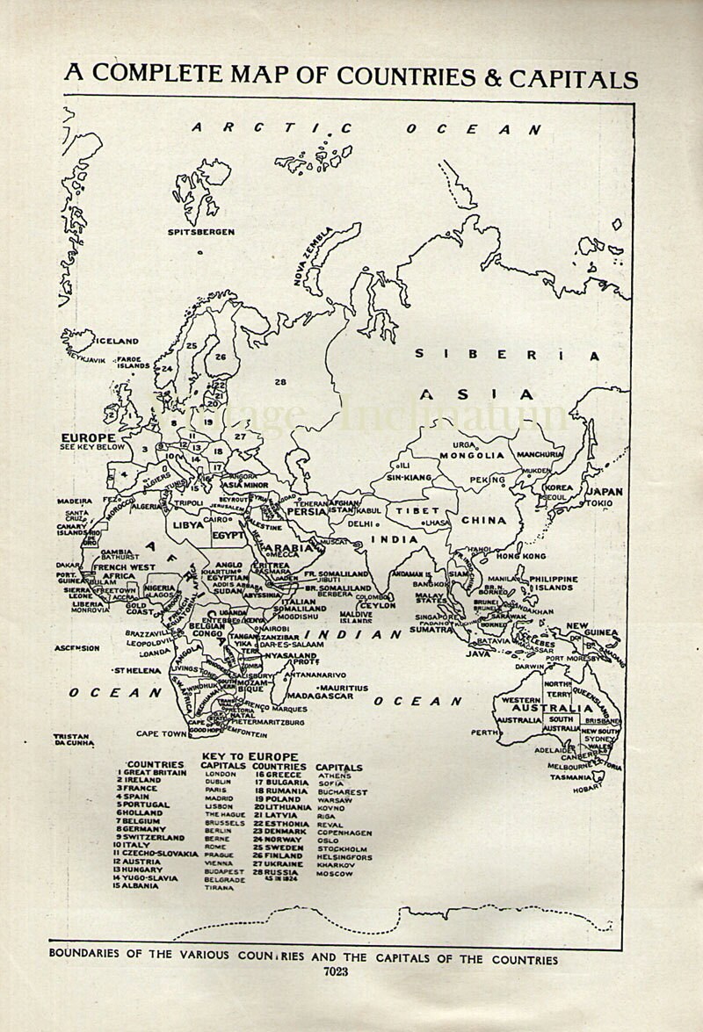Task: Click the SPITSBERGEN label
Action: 201,232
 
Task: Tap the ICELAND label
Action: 117,341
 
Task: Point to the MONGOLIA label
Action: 472,455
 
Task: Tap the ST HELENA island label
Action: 137,670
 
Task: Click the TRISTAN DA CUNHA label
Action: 74,740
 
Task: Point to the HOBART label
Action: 588,788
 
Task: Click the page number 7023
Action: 335,971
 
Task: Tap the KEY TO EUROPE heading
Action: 250,756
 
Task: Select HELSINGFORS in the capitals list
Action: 344,857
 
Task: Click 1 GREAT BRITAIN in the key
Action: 152,773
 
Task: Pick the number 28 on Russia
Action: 280,382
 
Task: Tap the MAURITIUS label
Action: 344,687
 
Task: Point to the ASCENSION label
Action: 77,648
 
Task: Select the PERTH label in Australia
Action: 484,732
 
